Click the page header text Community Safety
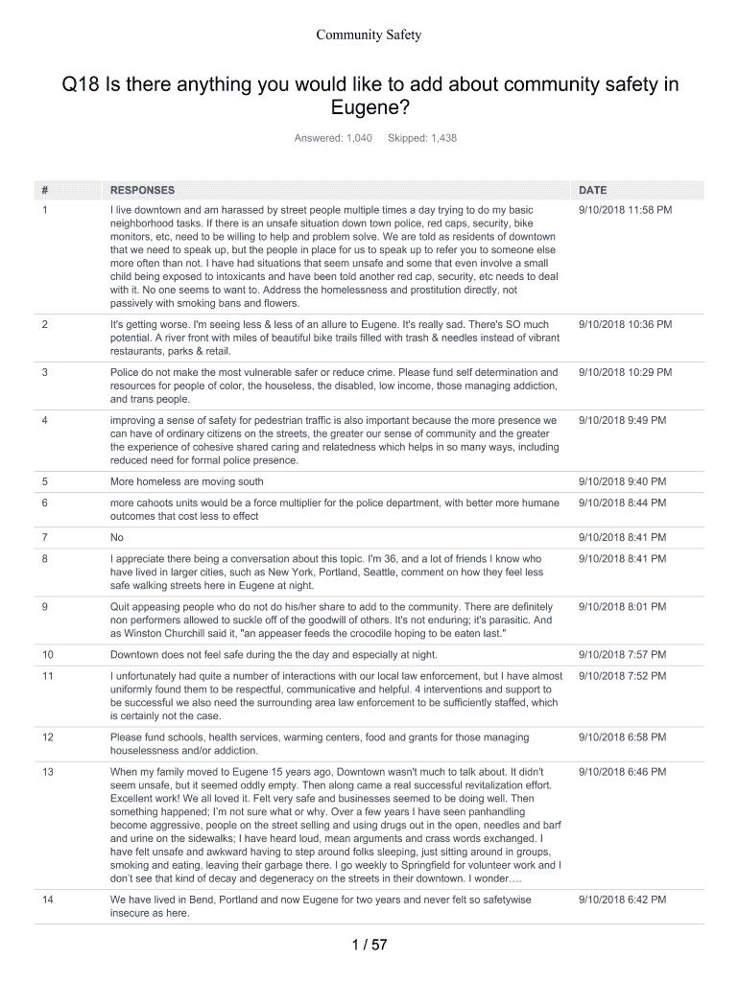point(369,35)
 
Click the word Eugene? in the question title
point(369,111)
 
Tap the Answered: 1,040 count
point(333,139)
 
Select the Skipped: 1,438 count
point(422,139)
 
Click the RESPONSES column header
point(143,190)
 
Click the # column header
point(46,190)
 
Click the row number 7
point(46,537)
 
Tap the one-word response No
point(117,537)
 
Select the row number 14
point(49,900)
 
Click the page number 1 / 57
point(369,946)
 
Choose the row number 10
point(49,655)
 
